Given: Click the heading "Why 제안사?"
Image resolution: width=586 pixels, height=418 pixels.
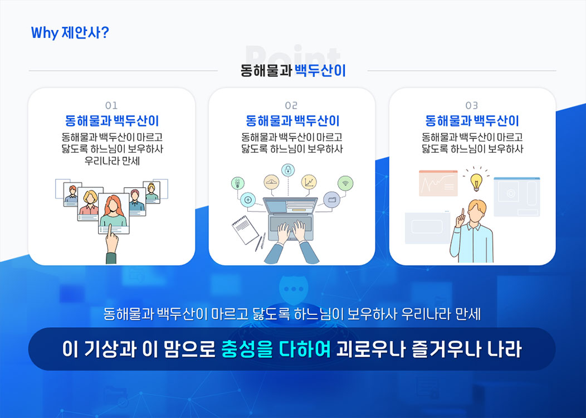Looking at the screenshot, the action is click(x=70, y=33).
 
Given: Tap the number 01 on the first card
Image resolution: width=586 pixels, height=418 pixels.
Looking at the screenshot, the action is click(x=111, y=105).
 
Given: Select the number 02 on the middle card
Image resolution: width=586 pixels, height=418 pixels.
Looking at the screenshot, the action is click(x=291, y=105).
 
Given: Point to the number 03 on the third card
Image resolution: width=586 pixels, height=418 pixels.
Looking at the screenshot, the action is click(x=472, y=105).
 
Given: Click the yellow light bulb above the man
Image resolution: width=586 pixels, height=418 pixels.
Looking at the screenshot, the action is click(x=476, y=182).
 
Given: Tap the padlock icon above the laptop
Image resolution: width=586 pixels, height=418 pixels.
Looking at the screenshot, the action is click(x=288, y=170).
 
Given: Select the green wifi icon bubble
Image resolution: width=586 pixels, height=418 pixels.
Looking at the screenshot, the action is click(x=345, y=183).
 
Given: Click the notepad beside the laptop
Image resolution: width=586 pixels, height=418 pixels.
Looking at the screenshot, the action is click(x=245, y=230).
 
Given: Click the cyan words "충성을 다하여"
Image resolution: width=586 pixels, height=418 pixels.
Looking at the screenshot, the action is click(x=276, y=349).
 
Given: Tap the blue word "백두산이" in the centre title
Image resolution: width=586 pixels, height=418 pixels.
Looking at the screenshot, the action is click(x=320, y=70).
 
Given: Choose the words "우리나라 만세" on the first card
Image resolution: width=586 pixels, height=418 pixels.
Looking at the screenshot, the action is click(x=112, y=161).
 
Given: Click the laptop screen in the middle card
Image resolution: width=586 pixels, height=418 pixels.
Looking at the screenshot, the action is click(x=290, y=206).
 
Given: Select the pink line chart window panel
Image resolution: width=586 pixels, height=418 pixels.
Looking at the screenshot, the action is click(x=438, y=183).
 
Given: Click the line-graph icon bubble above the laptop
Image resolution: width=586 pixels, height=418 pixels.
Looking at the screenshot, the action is click(x=309, y=182).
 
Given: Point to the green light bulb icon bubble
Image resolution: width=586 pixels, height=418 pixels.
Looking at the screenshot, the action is click(x=238, y=183).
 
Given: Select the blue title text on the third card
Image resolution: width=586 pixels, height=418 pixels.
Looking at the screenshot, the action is click(x=472, y=121).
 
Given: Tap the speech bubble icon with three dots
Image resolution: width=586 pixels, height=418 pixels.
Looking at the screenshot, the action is click(x=294, y=289).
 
